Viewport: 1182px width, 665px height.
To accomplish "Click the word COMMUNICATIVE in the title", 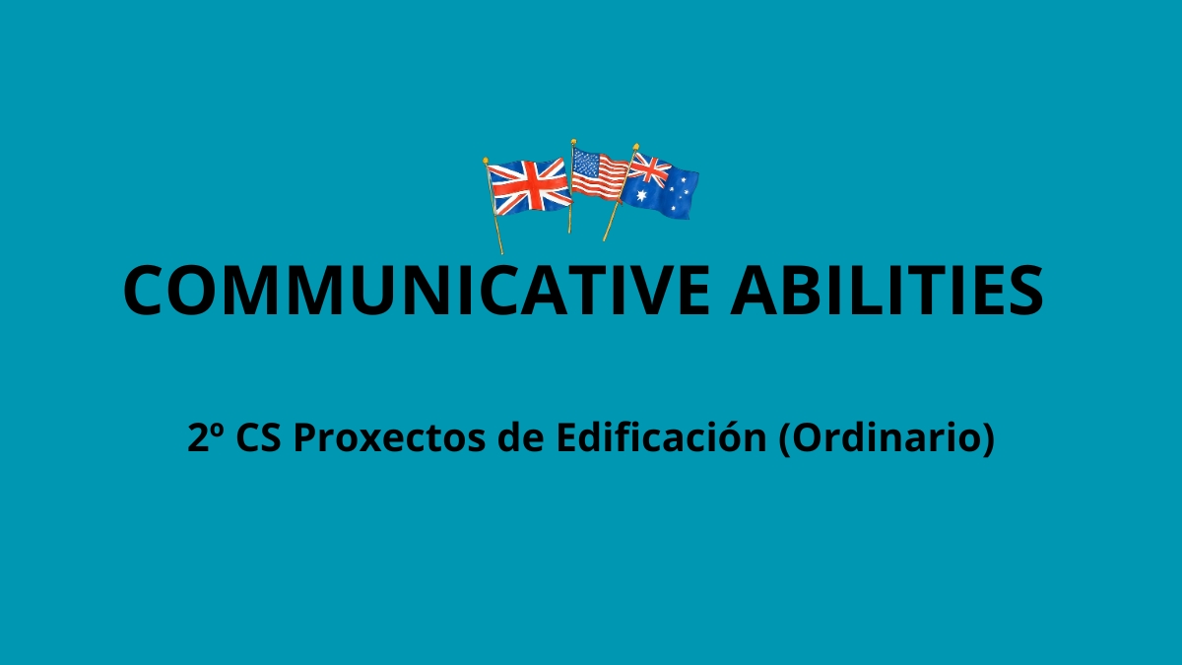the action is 417,291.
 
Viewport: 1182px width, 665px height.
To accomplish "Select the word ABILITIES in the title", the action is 887,291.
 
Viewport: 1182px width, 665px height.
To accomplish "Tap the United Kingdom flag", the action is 529,187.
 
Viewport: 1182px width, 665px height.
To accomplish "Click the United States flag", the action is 600,174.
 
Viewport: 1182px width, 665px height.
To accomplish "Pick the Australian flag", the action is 660,186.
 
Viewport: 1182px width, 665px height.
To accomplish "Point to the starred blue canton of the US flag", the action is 586,164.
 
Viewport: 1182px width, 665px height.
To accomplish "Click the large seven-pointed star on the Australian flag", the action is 641,195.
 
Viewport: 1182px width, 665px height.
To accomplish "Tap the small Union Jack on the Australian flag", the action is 649,168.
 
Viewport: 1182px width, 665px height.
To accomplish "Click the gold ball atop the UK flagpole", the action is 486,160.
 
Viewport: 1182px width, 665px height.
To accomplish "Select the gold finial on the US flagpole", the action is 573,142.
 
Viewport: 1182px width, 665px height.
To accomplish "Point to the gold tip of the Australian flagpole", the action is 636,147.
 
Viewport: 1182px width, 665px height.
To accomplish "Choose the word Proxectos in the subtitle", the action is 389,438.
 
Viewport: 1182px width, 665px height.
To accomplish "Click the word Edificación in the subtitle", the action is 661,437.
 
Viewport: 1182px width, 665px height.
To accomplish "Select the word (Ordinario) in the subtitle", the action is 886,438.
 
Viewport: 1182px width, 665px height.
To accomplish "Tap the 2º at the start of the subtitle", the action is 205,437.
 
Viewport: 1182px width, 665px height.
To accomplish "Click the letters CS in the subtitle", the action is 258,437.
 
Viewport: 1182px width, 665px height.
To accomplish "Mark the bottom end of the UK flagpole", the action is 501,253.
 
